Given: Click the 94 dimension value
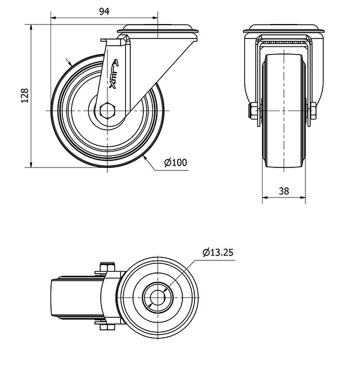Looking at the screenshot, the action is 104,11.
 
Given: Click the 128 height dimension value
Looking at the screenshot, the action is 25,95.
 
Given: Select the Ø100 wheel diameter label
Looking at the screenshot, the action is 176,163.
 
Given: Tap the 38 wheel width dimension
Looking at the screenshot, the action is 284,191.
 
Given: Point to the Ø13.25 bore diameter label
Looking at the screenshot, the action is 218,253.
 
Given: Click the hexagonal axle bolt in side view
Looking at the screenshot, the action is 107,110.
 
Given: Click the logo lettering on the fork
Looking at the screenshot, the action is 114,74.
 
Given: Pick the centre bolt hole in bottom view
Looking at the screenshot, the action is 157,298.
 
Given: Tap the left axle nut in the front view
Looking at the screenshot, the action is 253,111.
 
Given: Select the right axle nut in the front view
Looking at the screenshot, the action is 313,111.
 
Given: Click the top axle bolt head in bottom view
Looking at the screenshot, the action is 107,267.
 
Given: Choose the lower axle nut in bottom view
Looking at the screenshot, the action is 107,327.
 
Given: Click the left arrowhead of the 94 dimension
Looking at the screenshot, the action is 53,17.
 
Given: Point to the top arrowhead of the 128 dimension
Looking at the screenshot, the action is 31,28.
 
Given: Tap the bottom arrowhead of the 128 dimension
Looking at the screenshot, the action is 31,164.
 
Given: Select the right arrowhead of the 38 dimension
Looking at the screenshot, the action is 302,197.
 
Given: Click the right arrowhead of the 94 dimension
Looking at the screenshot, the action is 155,17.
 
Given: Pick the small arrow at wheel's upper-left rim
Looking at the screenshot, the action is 69,62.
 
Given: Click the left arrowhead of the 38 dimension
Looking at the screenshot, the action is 265,197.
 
